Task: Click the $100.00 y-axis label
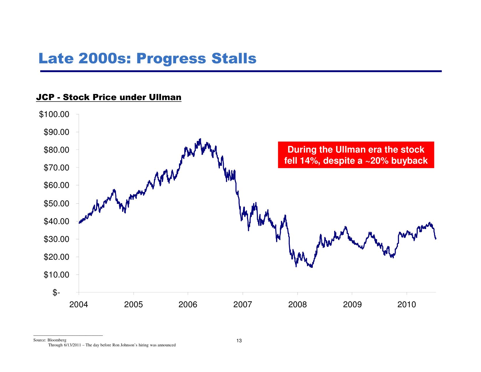pos(54,114)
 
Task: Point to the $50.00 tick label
pos(57,203)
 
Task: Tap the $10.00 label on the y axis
pos(57,275)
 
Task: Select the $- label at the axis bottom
pos(56,292)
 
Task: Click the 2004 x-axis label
pos(79,305)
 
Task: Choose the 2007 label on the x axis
pos(243,305)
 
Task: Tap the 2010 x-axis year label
pos(407,305)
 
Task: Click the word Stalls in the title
pos(234,58)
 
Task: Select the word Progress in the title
pos(171,58)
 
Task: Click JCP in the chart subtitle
pos(45,97)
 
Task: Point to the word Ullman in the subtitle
pos(165,97)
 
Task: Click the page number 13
pos(239,341)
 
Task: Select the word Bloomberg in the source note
pos(57,340)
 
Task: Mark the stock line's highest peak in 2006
pos(200,139)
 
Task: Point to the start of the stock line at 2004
pos(79,223)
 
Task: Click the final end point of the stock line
pos(436,239)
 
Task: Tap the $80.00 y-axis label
pos(57,150)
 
